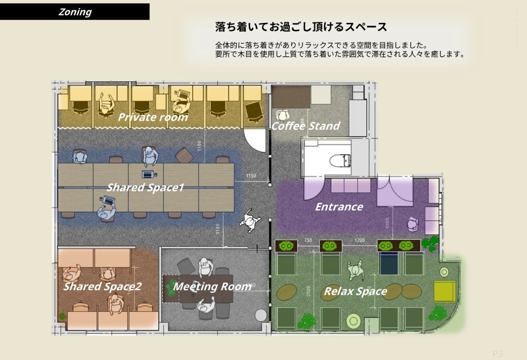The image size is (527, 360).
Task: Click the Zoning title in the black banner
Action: coord(75,12)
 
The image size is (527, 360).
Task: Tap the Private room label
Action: coord(153,118)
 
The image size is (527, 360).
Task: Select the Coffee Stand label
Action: coord(305,126)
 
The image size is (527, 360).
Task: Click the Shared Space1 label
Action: coord(145,187)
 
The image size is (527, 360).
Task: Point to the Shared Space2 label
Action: coord(102,287)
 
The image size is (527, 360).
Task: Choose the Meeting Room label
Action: coord(212,287)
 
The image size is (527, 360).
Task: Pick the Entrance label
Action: coord(339,207)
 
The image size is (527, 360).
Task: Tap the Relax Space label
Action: coord(355,292)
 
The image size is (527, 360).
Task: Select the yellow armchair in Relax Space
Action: coord(445,292)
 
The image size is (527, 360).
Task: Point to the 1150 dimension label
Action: coord(251,176)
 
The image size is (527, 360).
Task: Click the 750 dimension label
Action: coord(308,241)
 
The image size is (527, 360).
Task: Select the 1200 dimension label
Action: coord(359,241)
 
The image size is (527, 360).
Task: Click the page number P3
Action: coord(497,354)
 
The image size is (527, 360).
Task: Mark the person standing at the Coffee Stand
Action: coord(283,115)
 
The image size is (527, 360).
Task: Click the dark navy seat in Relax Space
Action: coord(389,263)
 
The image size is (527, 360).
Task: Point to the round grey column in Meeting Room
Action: coord(261,315)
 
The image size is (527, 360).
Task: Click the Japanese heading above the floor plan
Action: coord(301,27)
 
